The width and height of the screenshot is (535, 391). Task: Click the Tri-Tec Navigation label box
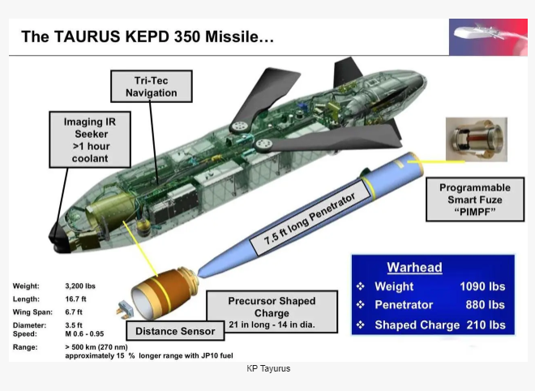(152, 87)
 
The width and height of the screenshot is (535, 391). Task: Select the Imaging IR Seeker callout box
(90, 140)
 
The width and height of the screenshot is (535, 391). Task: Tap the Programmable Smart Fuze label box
(475, 200)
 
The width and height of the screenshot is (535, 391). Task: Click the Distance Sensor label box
(175, 331)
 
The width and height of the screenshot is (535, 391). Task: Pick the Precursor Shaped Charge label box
(272, 312)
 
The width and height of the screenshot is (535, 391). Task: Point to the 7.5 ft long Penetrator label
(310, 218)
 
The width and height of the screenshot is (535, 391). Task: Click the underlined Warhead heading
(414, 267)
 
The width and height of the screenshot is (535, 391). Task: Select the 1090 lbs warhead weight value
(482, 286)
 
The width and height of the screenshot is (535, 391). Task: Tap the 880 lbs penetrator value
(486, 304)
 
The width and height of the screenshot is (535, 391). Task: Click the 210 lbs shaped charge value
(486, 324)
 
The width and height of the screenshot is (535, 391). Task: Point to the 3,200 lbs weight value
(80, 286)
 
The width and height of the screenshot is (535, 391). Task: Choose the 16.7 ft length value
(75, 299)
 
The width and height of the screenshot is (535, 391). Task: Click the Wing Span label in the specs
(32, 312)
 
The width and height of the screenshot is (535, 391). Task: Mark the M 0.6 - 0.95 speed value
(84, 333)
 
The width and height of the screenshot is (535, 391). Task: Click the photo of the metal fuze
(477, 140)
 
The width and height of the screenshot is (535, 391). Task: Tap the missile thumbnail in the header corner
(488, 37)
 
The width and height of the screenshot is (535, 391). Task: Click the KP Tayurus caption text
(268, 368)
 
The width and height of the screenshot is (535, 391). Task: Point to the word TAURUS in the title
(87, 37)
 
